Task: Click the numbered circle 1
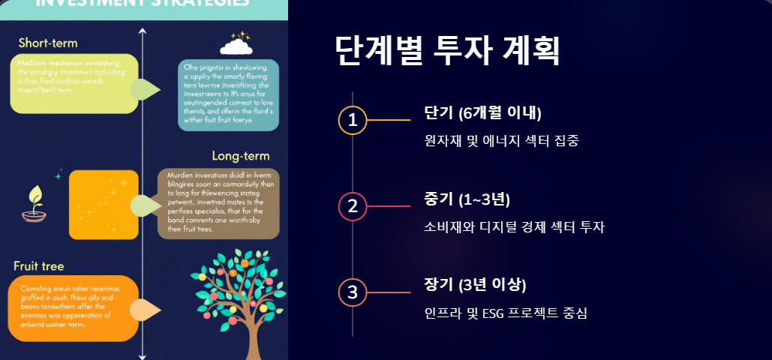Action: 353,120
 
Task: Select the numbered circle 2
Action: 353,205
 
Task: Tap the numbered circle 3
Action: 353,292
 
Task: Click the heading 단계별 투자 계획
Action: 447,51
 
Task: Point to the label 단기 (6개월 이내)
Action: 482,113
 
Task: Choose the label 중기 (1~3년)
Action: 467,199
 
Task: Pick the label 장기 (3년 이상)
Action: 475,284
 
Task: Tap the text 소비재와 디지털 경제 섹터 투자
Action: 514,226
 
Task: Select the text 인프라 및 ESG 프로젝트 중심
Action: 506,312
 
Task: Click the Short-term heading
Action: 48,42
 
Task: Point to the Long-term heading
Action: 240,156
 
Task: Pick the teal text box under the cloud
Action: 228,95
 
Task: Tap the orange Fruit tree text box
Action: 74,307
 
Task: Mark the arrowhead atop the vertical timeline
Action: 143,31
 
